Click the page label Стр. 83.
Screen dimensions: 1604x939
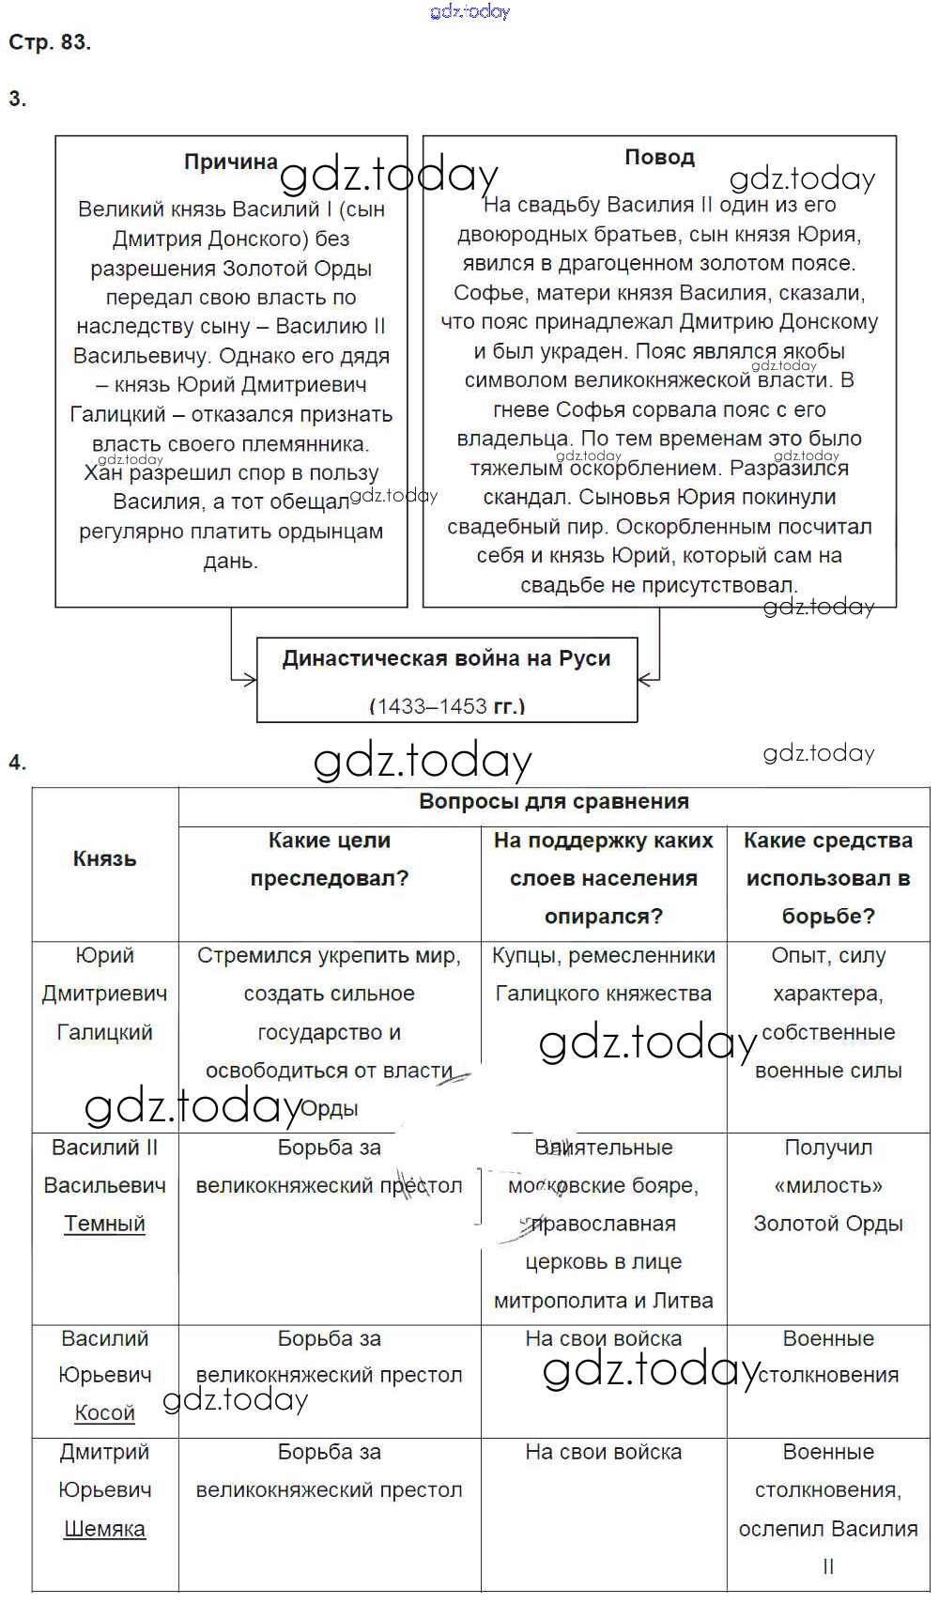coord(50,42)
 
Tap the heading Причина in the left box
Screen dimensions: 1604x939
coord(231,162)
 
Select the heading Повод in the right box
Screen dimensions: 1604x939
coord(659,157)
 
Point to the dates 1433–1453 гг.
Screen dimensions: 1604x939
coord(447,706)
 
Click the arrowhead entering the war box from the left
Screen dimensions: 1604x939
coord(250,678)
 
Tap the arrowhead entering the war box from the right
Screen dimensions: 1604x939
coord(644,678)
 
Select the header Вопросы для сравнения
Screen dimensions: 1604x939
coord(554,802)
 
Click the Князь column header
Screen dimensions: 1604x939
coord(105,858)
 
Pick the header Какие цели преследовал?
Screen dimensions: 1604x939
coord(329,859)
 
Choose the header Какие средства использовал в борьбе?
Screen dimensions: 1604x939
coord(828,878)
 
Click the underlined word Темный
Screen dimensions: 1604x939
coord(105,1224)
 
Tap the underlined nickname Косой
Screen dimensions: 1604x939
coord(105,1412)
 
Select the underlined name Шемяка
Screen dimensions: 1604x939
coord(105,1529)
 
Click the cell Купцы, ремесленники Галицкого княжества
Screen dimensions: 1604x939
coord(604,975)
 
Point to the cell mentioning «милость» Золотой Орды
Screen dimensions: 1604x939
coord(828,1185)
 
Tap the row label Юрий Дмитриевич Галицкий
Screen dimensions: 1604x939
coord(105,994)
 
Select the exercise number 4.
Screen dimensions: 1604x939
coord(17,763)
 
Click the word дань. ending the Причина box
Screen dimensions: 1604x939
coord(230,562)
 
